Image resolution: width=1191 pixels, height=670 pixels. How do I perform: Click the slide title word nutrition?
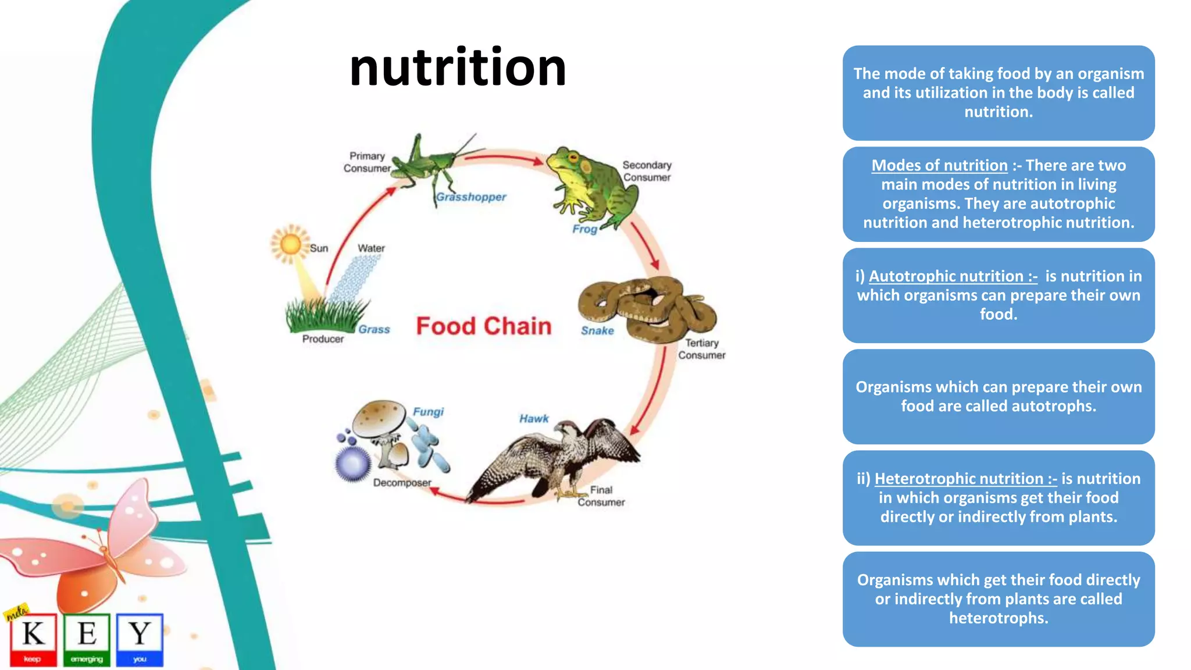(x=458, y=68)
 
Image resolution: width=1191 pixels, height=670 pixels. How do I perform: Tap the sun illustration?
(x=290, y=244)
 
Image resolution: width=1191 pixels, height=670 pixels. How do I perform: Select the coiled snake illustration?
(x=648, y=308)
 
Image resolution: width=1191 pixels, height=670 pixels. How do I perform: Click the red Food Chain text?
(x=483, y=326)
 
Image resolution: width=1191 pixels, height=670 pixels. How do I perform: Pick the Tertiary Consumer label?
(x=701, y=349)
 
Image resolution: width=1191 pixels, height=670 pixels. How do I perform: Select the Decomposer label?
(x=402, y=483)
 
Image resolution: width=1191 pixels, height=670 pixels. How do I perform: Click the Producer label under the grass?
(x=323, y=339)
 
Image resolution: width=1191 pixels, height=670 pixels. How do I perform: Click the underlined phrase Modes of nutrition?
(x=939, y=166)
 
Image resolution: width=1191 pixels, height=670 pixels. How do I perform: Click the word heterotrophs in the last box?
(x=999, y=618)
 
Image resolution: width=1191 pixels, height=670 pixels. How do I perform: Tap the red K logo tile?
(x=33, y=639)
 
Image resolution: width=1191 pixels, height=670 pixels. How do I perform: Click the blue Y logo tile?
(x=140, y=639)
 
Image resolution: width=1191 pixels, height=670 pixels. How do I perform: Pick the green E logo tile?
(x=87, y=639)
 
